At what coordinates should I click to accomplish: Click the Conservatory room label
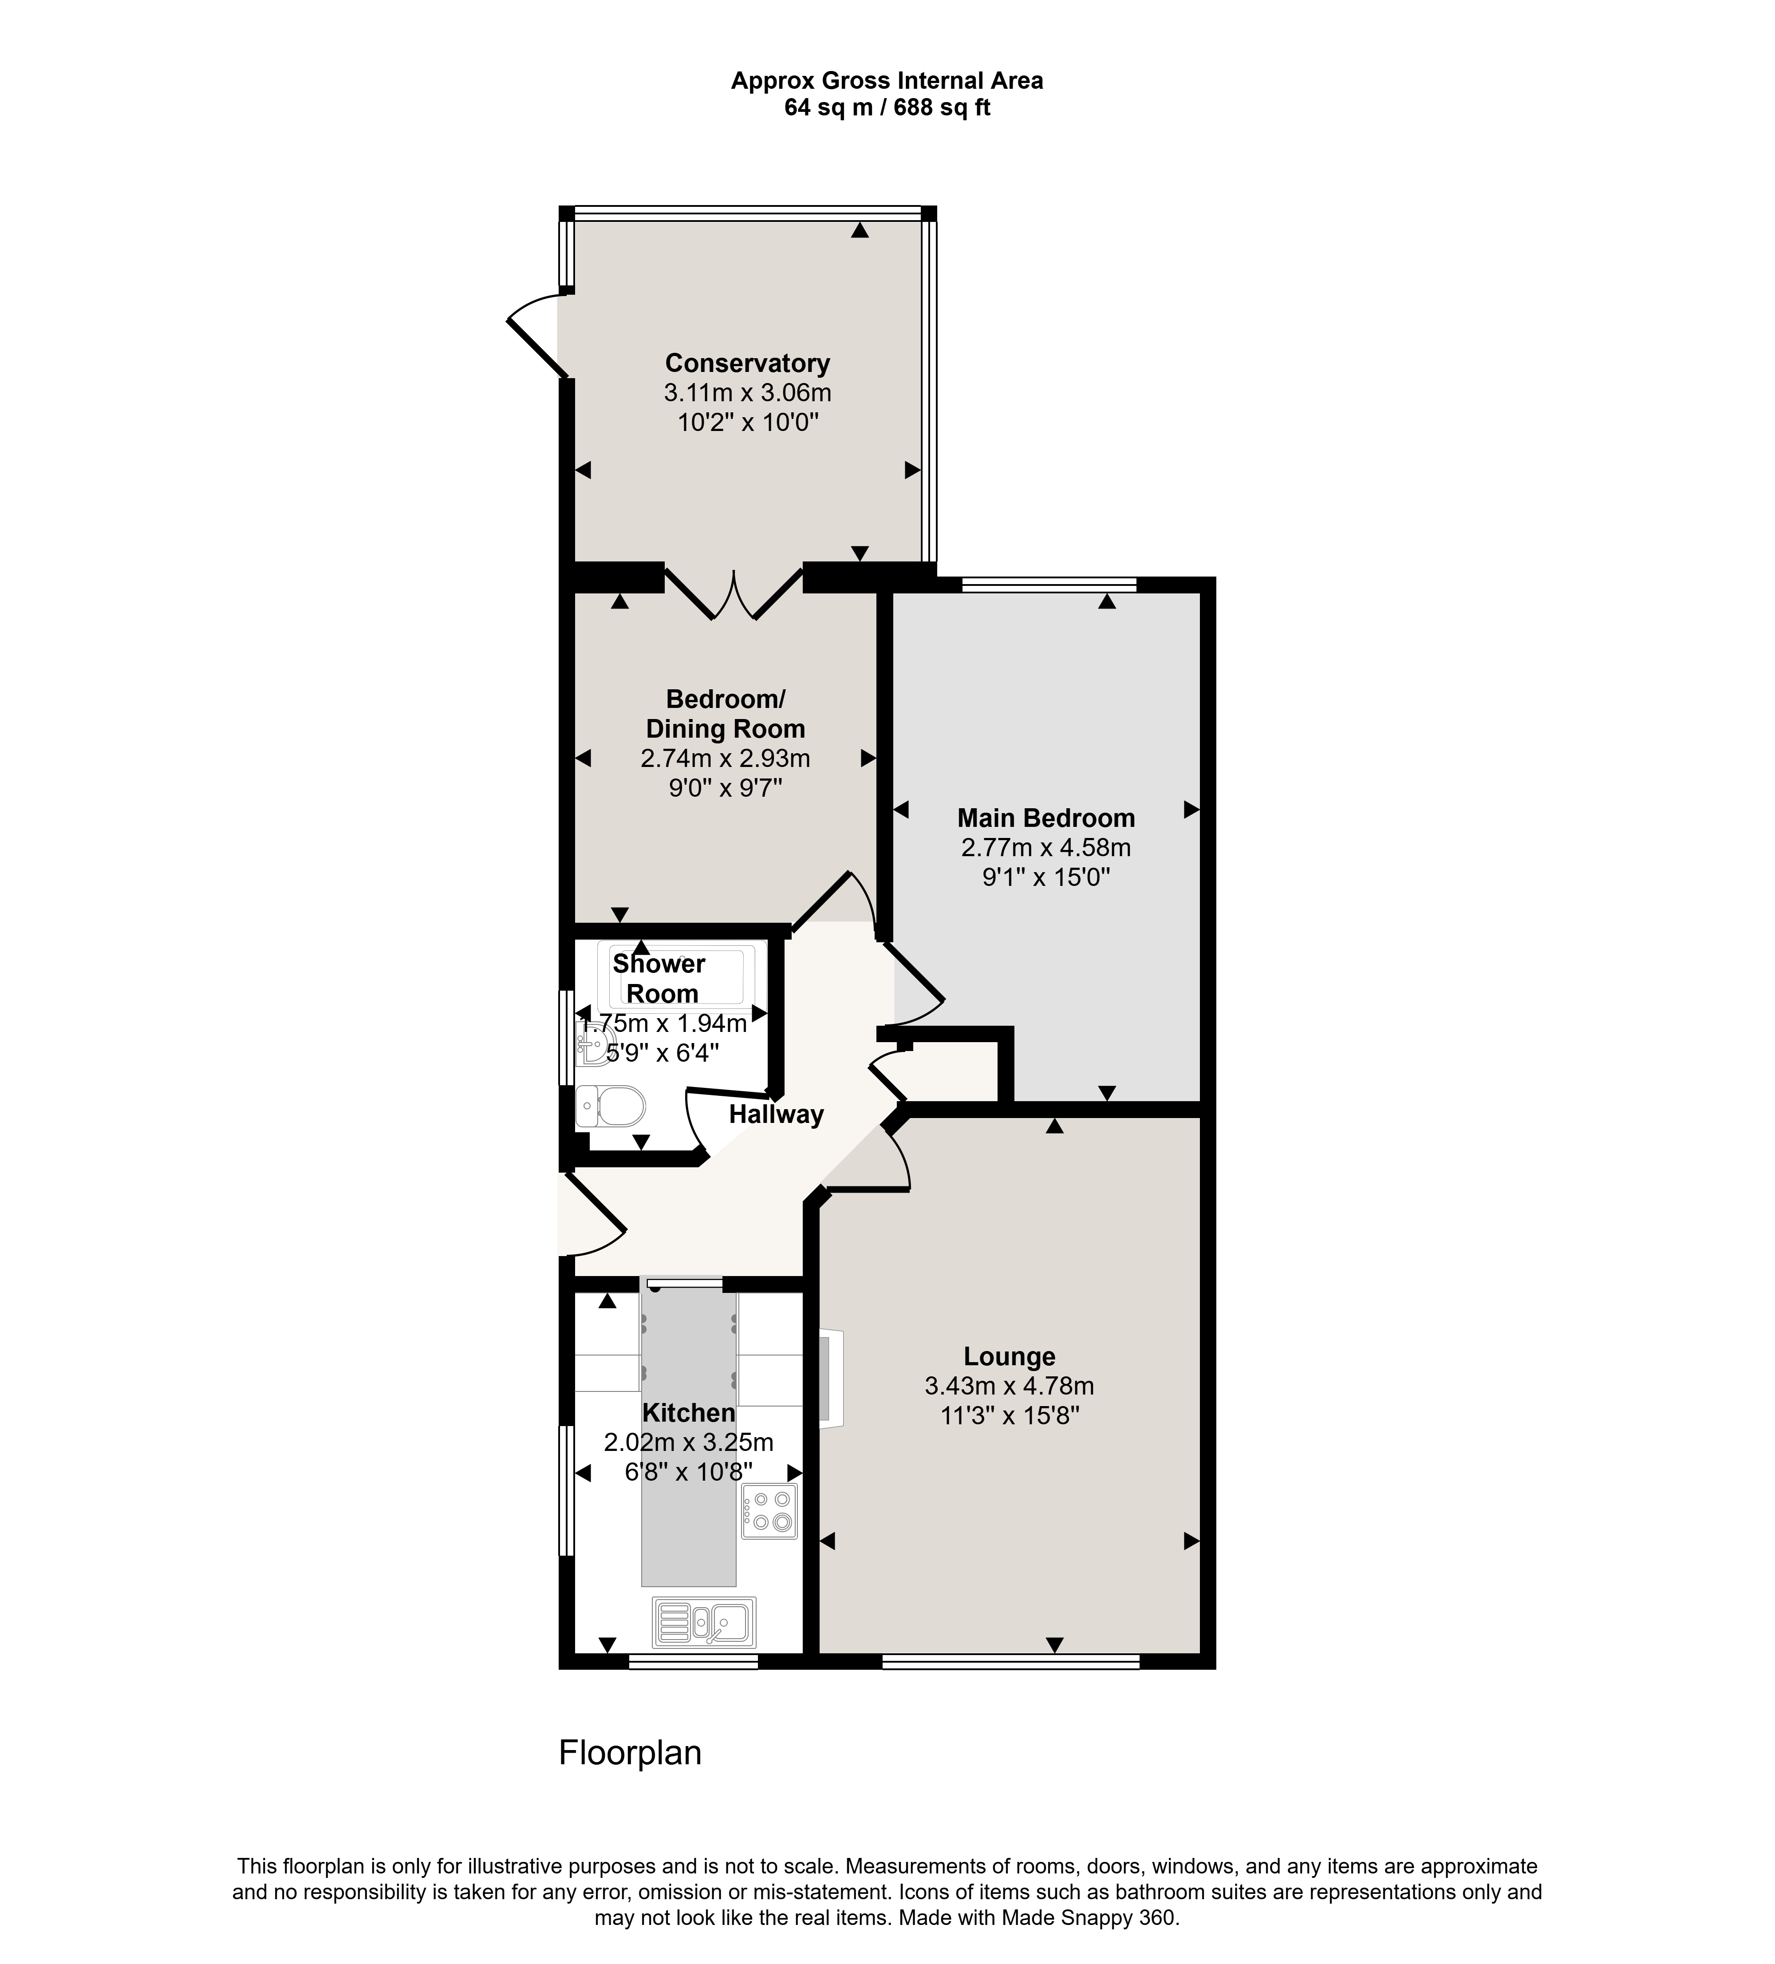[x=747, y=364]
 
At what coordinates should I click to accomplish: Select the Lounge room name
[x=1009, y=1357]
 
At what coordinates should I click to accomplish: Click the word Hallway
[x=777, y=1114]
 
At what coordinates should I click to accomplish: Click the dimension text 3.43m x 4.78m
[x=1009, y=1385]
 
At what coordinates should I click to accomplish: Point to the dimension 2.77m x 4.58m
[x=1046, y=848]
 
